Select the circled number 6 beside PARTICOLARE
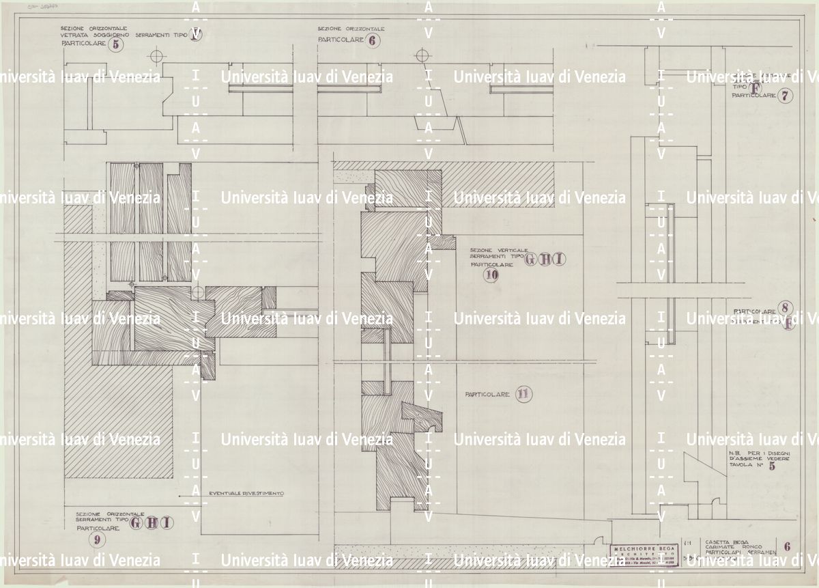[374, 40]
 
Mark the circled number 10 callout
[491, 275]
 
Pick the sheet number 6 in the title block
[788, 546]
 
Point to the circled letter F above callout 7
[755, 87]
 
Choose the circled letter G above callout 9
[136, 523]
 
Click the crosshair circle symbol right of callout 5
[156, 55]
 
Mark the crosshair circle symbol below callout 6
[422, 54]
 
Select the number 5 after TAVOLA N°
[772, 467]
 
